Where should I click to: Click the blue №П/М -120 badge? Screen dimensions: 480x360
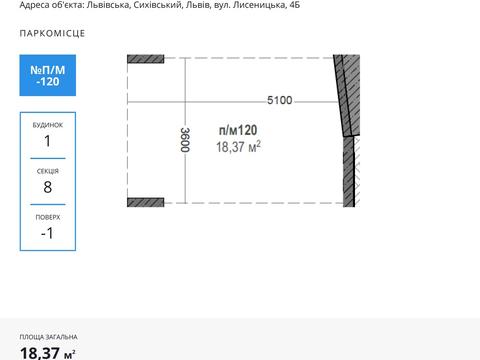coord(48,75)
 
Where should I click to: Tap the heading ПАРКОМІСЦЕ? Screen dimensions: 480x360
coord(52,33)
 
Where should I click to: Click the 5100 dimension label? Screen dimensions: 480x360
coord(280,100)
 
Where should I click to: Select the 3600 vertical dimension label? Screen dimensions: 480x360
coord(185,140)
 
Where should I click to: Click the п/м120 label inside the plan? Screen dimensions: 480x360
coord(238,130)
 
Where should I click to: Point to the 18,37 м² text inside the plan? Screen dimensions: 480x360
coord(238,147)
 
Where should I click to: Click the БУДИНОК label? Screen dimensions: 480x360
coord(48,125)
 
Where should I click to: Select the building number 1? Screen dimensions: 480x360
coord(48,141)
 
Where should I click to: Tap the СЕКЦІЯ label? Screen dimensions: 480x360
coord(48,171)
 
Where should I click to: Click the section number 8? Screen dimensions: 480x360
coord(48,187)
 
